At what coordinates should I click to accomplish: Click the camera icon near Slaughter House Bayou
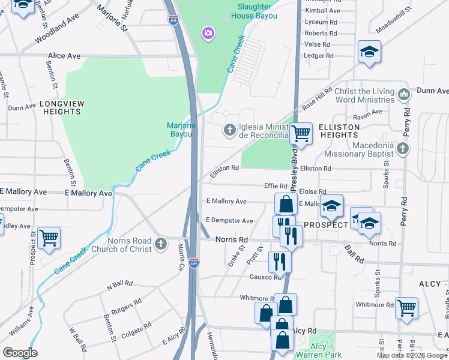208,32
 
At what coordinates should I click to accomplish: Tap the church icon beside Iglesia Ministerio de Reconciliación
230,130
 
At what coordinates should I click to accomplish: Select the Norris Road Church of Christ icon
160,244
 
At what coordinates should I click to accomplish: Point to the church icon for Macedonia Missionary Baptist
403,148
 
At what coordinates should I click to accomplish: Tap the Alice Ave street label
64,56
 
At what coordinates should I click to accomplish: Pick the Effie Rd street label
277,186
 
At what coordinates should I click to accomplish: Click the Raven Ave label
368,112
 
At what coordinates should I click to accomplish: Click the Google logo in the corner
20,353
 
